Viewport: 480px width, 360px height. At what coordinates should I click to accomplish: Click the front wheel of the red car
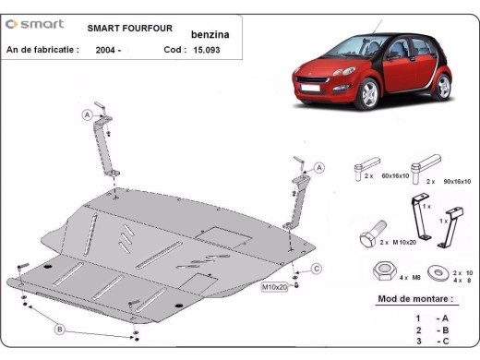(368, 94)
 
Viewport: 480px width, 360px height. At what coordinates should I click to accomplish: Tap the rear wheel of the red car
(443, 86)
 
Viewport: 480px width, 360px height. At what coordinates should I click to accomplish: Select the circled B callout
(59, 329)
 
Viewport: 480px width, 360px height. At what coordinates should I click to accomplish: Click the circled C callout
(316, 269)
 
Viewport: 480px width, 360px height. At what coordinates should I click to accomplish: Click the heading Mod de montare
(416, 300)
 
